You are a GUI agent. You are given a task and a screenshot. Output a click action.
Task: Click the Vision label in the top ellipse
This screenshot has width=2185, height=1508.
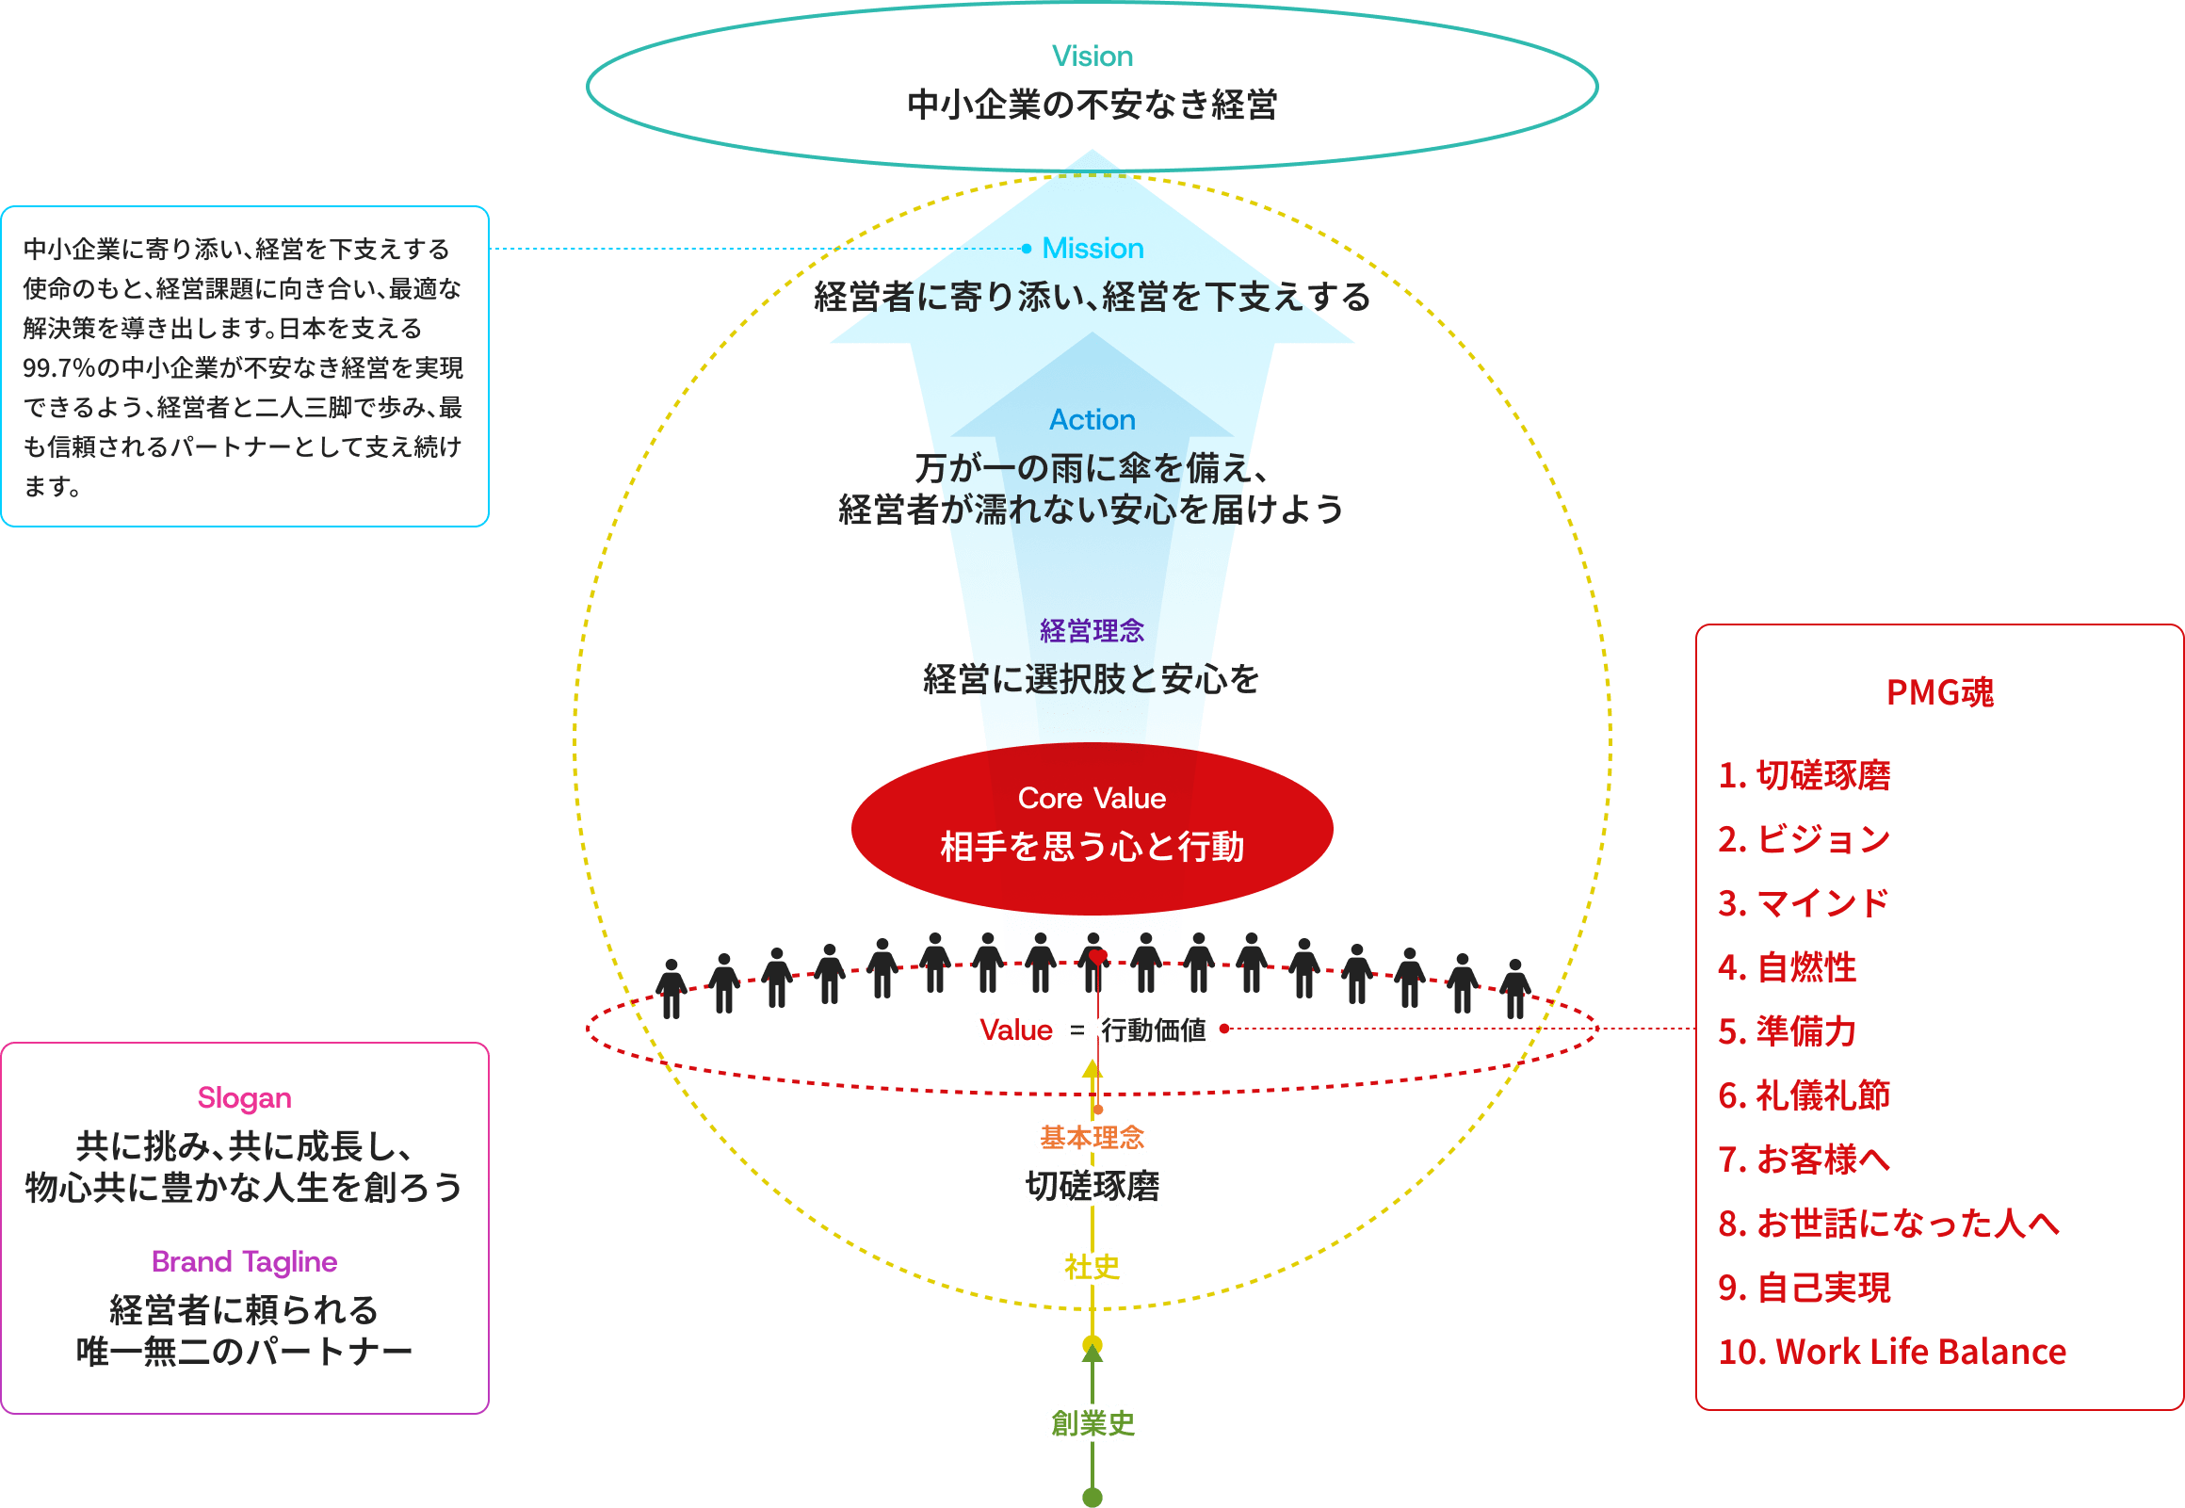(x=1092, y=56)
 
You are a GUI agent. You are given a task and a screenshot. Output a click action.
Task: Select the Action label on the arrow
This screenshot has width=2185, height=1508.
(x=1092, y=419)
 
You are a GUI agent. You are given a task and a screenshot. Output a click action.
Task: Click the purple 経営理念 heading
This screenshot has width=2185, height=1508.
(x=1092, y=630)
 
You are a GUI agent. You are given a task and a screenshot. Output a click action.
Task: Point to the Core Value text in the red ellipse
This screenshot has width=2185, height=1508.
(x=1092, y=799)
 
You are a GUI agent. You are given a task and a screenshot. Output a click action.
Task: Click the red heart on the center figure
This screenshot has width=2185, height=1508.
(x=1097, y=956)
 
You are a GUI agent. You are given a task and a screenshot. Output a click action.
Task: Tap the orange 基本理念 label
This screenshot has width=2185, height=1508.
(x=1092, y=1137)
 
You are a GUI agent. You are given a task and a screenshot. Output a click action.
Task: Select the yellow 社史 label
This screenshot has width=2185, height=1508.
(x=1092, y=1266)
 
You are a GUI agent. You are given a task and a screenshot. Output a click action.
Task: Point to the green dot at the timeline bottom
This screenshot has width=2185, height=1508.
(x=1092, y=1497)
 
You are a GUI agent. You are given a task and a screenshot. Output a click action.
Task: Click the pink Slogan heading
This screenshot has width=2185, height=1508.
(x=245, y=1098)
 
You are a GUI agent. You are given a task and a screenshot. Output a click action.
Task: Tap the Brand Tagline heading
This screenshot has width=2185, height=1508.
(x=245, y=1261)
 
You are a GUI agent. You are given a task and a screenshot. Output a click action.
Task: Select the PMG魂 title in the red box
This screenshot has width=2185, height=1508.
(x=1940, y=692)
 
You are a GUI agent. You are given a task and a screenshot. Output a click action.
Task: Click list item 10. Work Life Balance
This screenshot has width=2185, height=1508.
(x=1892, y=1351)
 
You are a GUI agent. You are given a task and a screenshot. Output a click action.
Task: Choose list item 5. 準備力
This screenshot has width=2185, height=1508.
(x=1788, y=1030)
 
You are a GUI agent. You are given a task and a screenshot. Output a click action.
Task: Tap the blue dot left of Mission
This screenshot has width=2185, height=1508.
(x=1027, y=249)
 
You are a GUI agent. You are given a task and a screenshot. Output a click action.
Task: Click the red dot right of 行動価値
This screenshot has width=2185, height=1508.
(x=1224, y=1028)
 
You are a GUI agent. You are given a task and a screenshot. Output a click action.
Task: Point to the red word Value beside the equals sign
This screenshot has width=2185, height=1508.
(x=1015, y=1029)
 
